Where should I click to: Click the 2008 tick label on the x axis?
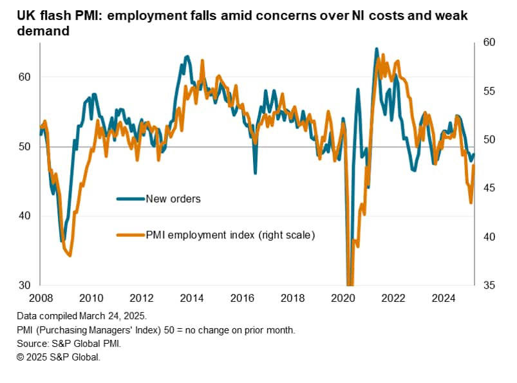tap(40, 298)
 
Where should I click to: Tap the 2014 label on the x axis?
tap(191, 298)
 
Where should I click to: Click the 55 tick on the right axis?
tap(487, 91)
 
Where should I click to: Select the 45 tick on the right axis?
tap(487, 188)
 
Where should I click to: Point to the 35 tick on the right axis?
tap(487, 285)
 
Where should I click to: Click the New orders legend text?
tap(173, 199)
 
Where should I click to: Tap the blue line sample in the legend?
tap(131, 199)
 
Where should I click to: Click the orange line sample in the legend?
tap(131, 235)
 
